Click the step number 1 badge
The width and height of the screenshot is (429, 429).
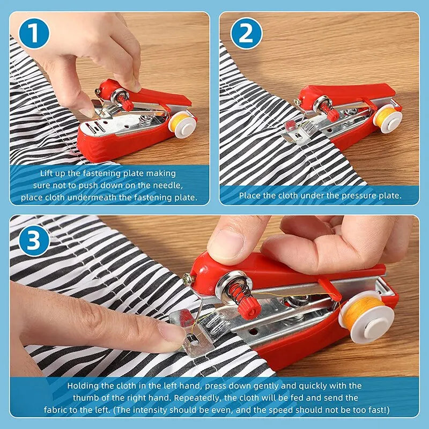[34, 34]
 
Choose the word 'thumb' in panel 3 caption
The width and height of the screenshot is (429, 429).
[85, 397]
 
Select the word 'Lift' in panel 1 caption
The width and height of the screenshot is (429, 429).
[49, 174]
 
